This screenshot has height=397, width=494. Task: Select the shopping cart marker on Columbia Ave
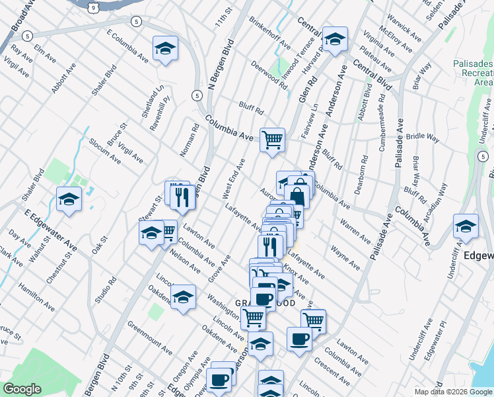272,140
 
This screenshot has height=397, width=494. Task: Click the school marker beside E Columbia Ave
165,48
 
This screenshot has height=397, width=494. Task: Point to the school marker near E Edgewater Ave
69,199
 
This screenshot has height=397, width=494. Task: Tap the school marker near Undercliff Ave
466,226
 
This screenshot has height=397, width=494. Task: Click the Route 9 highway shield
94,7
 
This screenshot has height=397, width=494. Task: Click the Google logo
22,389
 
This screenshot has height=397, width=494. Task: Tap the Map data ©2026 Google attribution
453,392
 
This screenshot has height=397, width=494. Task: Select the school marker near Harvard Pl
335,39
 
